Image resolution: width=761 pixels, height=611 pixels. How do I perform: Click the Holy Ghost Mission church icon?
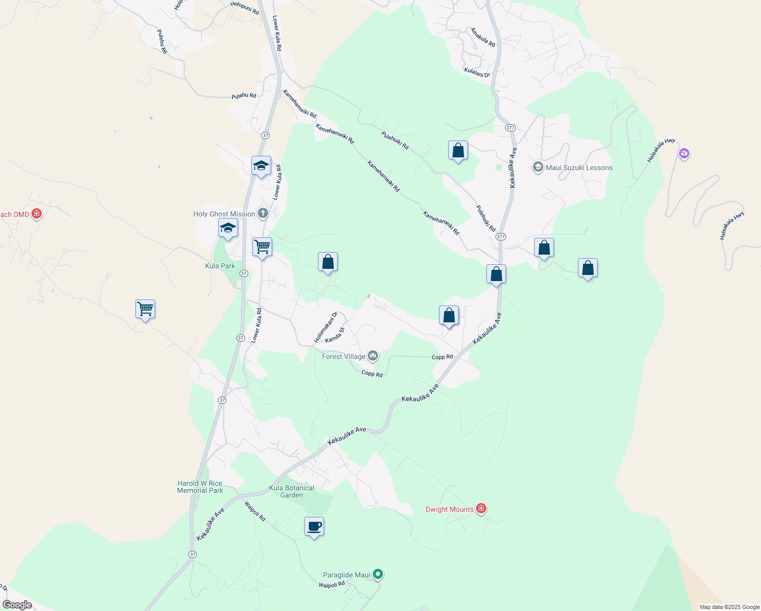(x=263, y=213)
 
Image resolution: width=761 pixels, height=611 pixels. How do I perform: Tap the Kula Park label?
(x=220, y=266)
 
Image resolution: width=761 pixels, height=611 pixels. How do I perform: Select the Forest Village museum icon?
(x=373, y=356)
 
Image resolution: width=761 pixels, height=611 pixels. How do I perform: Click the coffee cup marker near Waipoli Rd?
(x=314, y=526)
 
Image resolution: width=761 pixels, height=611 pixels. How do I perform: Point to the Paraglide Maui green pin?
(x=378, y=574)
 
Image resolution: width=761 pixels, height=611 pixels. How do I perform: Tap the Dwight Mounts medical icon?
(x=481, y=509)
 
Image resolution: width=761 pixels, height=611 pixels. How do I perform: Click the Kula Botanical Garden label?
(x=292, y=491)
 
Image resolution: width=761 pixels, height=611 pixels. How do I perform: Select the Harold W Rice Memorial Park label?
(x=200, y=487)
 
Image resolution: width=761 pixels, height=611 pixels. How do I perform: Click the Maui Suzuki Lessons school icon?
(x=538, y=167)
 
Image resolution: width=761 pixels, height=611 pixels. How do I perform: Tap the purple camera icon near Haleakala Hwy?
(x=684, y=153)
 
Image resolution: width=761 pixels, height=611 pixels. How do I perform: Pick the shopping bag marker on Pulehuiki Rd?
(x=458, y=151)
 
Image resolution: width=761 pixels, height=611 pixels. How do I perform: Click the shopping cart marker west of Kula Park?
(x=145, y=309)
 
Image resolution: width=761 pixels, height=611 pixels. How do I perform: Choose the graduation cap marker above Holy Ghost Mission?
(x=261, y=165)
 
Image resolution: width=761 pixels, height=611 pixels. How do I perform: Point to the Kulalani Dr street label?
(x=477, y=72)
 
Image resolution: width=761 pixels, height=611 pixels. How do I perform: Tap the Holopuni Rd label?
(x=245, y=8)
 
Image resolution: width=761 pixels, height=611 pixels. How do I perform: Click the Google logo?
(x=17, y=605)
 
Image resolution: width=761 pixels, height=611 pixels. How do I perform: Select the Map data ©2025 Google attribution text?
(x=729, y=607)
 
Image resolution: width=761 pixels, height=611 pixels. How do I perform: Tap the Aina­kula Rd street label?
(x=483, y=37)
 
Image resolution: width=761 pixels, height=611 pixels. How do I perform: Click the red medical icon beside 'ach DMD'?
(x=36, y=214)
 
